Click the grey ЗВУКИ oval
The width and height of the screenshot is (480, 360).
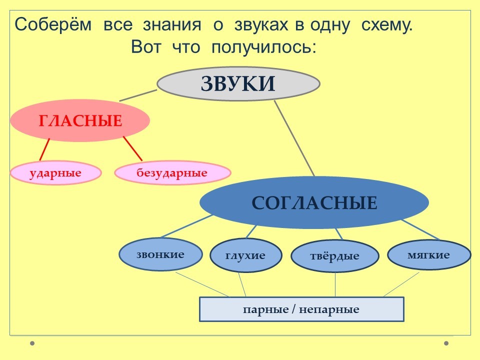tap(238, 84)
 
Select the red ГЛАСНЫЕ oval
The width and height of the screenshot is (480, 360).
tap(80, 121)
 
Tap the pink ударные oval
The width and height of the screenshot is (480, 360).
tap(55, 173)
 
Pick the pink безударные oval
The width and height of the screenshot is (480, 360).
tap(172, 173)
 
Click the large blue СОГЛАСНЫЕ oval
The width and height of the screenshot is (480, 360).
tap(314, 202)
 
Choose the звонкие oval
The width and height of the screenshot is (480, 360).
tap(160, 254)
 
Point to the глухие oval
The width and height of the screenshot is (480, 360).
tap(245, 255)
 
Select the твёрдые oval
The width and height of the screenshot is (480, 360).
tap(334, 256)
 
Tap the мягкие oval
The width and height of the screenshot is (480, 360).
tap(428, 255)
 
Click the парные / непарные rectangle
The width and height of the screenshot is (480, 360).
tap(301, 309)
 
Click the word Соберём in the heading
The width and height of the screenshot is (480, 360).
tap(53, 25)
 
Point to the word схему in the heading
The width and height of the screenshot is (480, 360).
tap(385, 25)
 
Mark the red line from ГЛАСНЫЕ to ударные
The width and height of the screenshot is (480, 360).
tap(44, 149)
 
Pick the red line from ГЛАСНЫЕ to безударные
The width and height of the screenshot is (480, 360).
tap(133, 148)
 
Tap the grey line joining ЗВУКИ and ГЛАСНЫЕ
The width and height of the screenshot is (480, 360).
tap(138, 95)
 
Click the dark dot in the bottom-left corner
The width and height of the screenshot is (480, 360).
tap(32, 343)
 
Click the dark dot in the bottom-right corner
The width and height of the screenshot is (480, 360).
tap(446, 343)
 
